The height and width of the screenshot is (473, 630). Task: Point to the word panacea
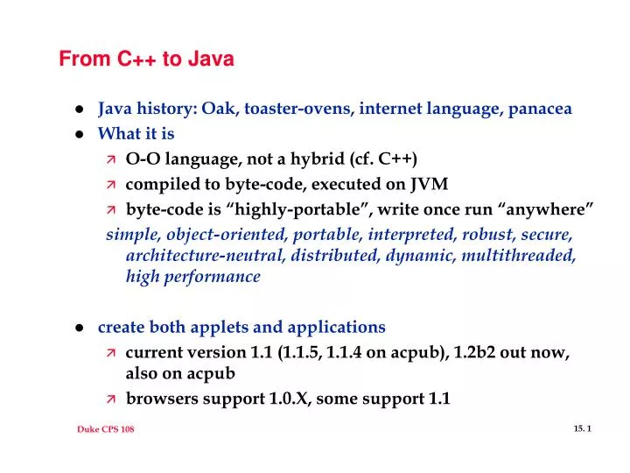click(538, 109)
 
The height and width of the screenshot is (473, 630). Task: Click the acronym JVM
click(428, 184)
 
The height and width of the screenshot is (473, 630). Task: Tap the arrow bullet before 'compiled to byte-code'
click(111, 185)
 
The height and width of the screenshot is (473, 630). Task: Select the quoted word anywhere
click(548, 209)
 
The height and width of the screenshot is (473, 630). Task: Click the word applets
click(215, 327)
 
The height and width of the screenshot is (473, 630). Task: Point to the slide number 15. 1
click(584, 427)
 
